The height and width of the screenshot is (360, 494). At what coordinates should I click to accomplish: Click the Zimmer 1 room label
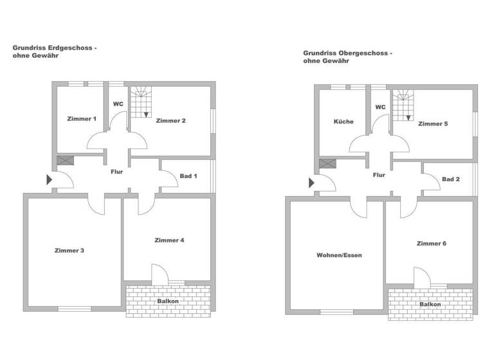81,119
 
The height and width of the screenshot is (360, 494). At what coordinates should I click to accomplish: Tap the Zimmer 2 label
170,121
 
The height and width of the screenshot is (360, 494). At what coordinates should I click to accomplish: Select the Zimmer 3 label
69,250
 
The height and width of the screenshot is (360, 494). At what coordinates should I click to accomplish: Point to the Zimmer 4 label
170,240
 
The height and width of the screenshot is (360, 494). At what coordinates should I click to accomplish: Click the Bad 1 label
188,176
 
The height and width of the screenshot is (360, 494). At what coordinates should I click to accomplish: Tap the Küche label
343,122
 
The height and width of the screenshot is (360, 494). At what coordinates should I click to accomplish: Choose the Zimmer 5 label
432,123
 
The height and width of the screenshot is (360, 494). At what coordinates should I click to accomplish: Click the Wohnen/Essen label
339,255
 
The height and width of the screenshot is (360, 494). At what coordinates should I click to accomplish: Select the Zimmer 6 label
432,244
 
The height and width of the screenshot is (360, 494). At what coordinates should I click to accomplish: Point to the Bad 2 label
452,179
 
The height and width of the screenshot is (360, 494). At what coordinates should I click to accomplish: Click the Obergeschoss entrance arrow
311,183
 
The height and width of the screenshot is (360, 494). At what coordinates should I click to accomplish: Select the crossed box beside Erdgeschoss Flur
65,161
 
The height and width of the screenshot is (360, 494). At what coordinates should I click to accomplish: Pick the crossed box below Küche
327,164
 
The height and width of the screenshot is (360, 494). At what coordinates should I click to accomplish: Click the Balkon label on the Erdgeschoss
167,301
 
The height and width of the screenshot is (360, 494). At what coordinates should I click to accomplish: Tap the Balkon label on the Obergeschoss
430,304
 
